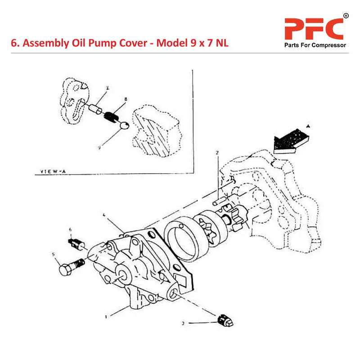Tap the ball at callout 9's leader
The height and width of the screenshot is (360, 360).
click(125, 126)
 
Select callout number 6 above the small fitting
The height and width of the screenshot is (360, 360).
click(70, 230)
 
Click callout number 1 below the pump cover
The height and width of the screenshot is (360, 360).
click(106, 316)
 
